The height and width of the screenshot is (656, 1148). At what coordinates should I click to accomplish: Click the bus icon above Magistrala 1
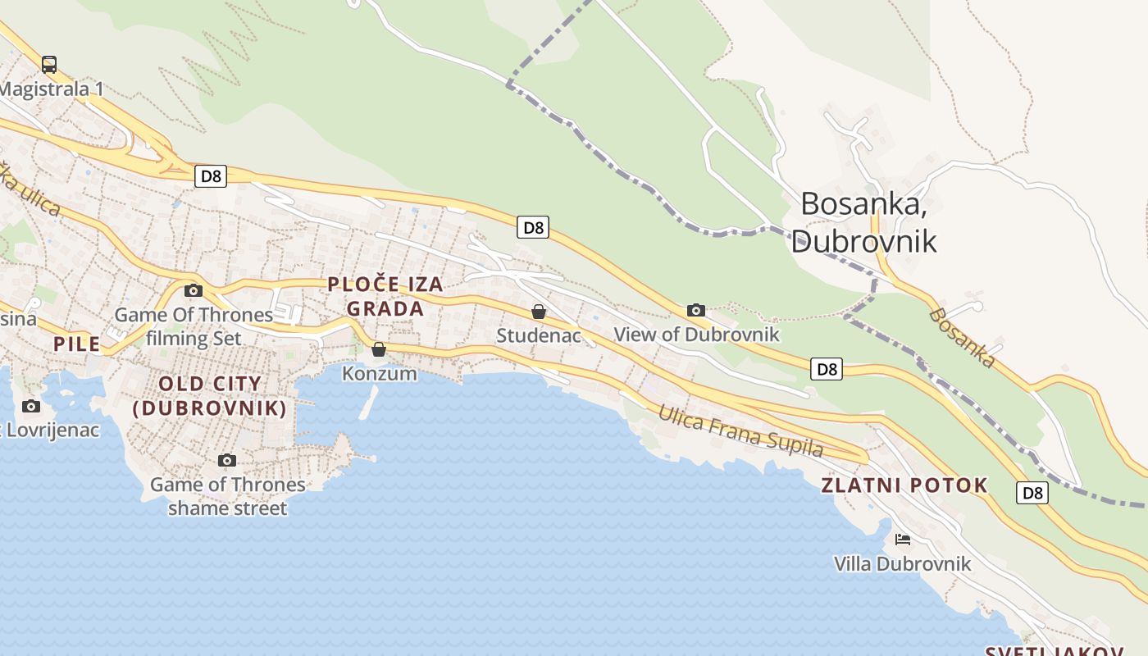pyautogui.click(x=49, y=64)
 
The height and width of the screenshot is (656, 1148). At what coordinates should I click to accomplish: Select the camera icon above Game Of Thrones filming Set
pyautogui.click(x=194, y=290)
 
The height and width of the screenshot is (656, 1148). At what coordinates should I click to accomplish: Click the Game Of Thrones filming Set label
pyautogui.click(x=194, y=326)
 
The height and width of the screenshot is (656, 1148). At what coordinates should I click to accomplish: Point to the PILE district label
pyautogui.click(x=77, y=344)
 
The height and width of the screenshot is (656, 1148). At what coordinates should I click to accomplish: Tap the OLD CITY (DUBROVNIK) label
pyautogui.click(x=210, y=395)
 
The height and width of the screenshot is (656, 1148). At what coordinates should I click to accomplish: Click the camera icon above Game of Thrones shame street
pyautogui.click(x=227, y=460)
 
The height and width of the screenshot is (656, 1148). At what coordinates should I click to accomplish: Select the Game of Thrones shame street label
pyautogui.click(x=227, y=496)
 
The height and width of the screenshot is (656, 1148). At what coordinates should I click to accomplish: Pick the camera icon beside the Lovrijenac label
pyautogui.click(x=31, y=406)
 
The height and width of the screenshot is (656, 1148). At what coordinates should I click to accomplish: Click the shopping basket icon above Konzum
pyautogui.click(x=379, y=349)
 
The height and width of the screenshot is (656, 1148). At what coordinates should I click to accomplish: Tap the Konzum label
pyautogui.click(x=379, y=374)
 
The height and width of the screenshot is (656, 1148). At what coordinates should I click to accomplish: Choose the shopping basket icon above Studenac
pyautogui.click(x=539, y=312)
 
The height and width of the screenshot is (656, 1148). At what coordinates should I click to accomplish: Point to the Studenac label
pyautogui.click(x=539, y=335)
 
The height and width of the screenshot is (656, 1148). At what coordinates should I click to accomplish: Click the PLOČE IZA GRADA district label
pyautogui.click(x=385, y=296)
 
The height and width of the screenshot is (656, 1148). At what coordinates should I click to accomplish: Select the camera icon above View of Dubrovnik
pyautogui.click(x=696, y=310)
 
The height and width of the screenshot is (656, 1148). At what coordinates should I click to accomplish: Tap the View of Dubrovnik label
pyautogui.click(x=696, y=335)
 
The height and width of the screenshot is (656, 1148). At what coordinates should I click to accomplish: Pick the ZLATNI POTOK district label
pyautogui.click(x=904, y=485)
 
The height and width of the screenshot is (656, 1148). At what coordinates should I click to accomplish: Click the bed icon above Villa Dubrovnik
pyautogui.click(x=903, y=540)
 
